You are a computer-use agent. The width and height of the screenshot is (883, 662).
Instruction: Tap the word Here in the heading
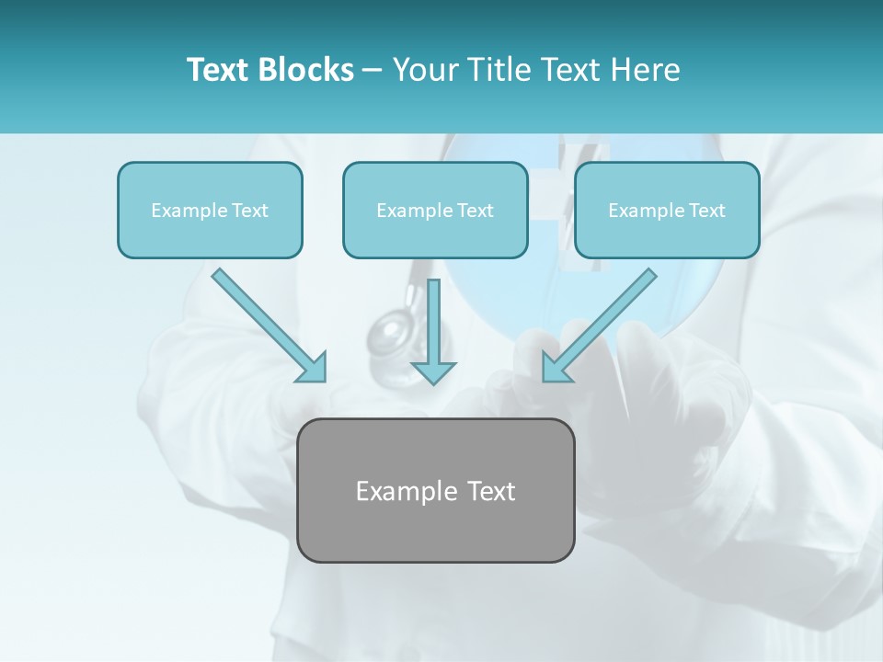tap(648, 70)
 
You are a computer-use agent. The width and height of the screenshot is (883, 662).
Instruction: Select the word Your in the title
tap(424, 70)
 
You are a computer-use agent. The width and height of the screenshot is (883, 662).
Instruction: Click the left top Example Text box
tap(210, 211)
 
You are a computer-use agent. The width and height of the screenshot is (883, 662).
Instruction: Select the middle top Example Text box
tap(435, 211)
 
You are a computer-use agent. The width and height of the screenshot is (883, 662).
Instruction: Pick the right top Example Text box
tap(667, 211)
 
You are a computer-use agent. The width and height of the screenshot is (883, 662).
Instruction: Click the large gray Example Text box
tap(435, 490)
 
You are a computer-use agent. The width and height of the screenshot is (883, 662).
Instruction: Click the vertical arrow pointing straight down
tap(433, 326)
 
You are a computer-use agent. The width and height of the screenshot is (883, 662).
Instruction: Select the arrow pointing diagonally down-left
tap(602, 322)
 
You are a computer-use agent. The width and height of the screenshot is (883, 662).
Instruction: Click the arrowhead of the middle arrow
tap(433, 371)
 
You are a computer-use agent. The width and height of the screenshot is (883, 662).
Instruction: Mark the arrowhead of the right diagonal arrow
tap(555, 369)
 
